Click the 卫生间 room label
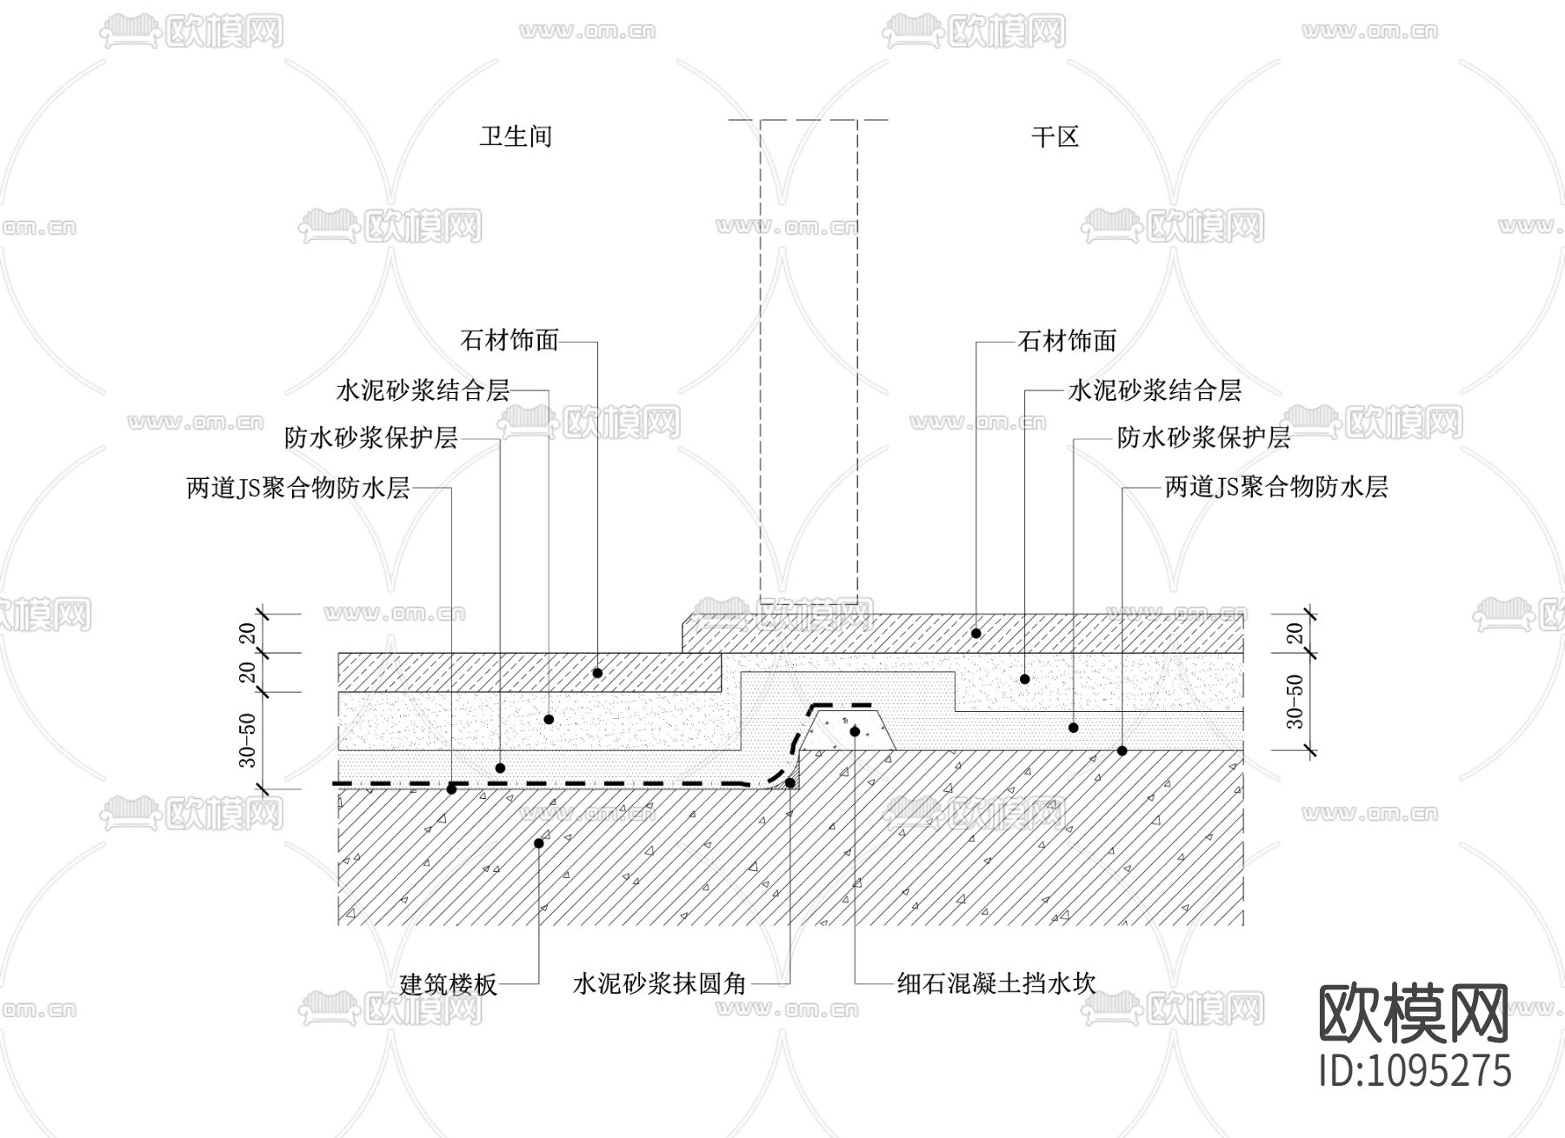[x=516, y=136]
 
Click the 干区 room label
[x=1055, y=136]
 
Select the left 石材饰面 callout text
[x=509, y=340]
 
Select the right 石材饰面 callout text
[x=1067, y=341]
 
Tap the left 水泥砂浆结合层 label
[x=423, y=390]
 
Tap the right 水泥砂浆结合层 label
[x=1154, y=390]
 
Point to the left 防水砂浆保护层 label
[x=371, y=437]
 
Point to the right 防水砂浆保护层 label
[x=1203, y=437]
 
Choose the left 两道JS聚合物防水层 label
[x=298, y=488]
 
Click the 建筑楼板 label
[x=448, y=984]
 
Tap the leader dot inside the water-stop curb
[x=855, y=732]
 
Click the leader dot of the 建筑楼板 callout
[x=539, y=843]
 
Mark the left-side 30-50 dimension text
[x=249, y=741]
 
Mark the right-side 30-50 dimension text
[x=1295, y=701]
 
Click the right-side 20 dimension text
[x=1295, y=633]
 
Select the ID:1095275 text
[x=1415, y=1070]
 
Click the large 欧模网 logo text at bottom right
[x=1415, y=1015]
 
